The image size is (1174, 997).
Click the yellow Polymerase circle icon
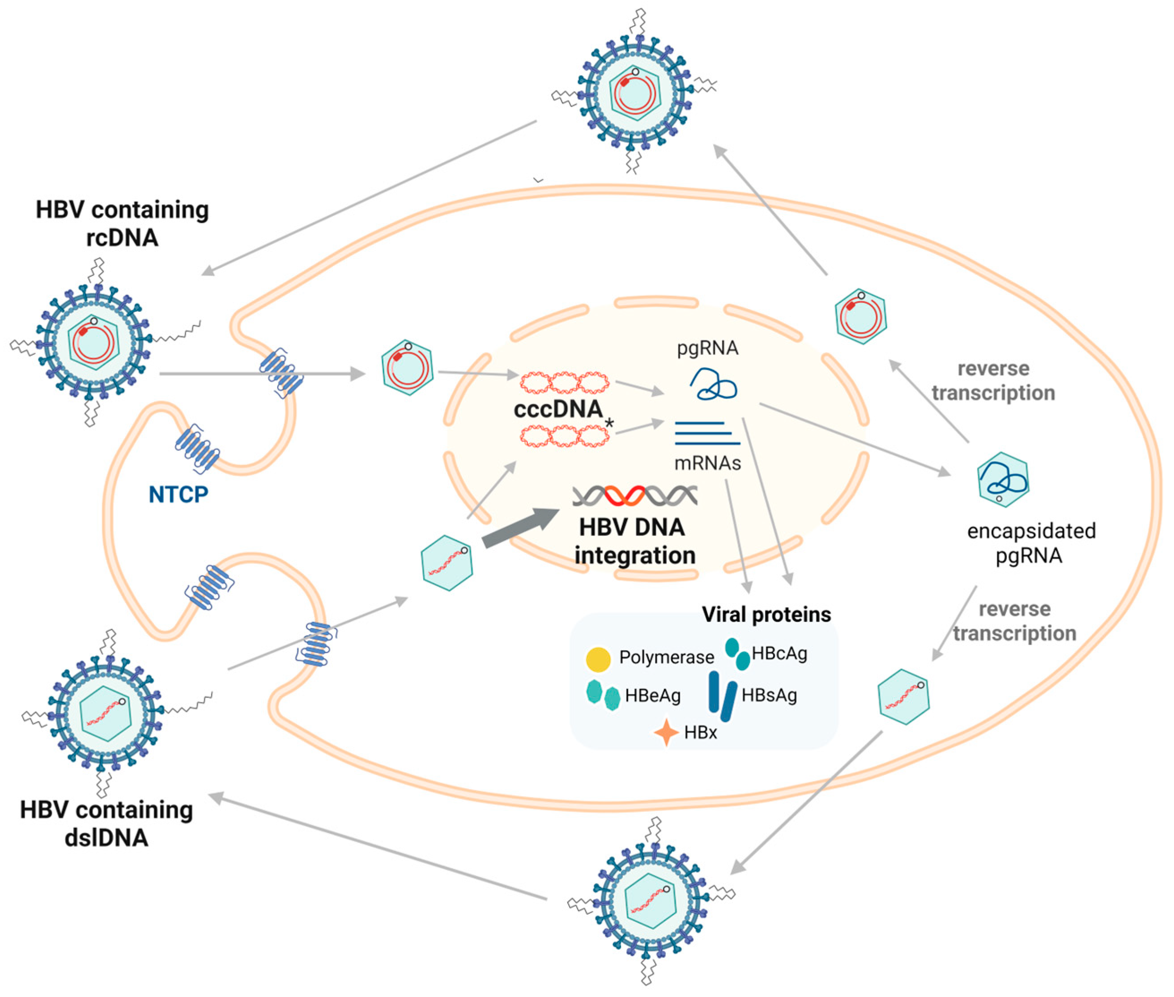(x=597, y=659)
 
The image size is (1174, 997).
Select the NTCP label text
(x=178, y=495)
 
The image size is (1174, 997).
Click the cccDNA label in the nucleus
(x=557, y=409)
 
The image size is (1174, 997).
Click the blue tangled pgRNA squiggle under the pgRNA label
(x=714, y=384)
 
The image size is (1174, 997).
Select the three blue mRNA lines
(x=706, y=433)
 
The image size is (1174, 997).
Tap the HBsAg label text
(x=769, y=695)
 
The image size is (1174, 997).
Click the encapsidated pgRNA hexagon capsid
(x=1003, y=479)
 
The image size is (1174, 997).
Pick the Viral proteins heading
(x=766, y=615)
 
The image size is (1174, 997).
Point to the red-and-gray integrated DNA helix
(x=634, y=496)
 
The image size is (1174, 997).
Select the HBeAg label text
(x=652, y=695)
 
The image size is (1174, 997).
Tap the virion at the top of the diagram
(x=634, y=92)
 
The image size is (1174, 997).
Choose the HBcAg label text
(x=779, y=653)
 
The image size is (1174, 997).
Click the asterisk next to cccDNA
(x=609, y=423)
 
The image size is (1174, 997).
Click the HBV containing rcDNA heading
(x=122, y=223)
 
